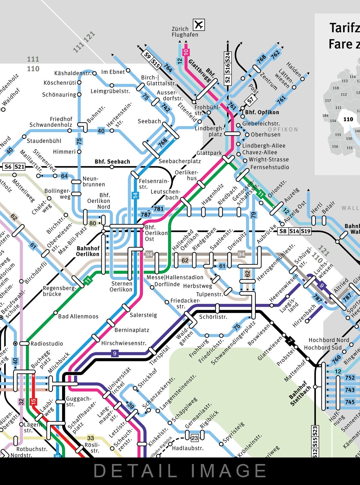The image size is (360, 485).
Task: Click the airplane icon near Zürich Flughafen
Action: [199, 25]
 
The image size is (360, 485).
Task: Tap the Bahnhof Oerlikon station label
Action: [88, 251]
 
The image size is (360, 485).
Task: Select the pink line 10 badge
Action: [186, 52]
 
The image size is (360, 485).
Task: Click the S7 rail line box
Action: [250, 100]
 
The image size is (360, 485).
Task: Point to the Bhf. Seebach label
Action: [112, 161]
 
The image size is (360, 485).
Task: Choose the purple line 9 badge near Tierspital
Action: [114, 353]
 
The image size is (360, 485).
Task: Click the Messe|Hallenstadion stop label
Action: [175, 277]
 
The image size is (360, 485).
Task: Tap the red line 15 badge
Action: [34, 402]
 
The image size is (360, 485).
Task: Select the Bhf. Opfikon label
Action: [262, 112]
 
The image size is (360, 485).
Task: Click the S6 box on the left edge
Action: [8, 167]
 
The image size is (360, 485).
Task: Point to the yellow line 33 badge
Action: [90, 438]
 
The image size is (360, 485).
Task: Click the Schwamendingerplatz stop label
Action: [233, 343]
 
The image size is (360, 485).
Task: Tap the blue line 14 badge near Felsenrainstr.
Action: [135, 195]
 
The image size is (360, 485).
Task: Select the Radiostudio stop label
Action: [47, 343]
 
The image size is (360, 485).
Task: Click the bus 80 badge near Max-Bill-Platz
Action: [92, 223]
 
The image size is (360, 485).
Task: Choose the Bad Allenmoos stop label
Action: [78, 316]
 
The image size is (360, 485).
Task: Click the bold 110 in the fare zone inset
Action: [348, 119]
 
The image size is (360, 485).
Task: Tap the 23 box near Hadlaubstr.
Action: [194, 438]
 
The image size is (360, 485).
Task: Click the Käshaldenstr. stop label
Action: [73, 73]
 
